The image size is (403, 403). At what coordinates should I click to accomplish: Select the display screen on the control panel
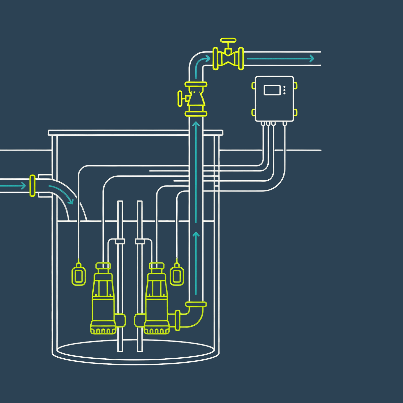[272, 90]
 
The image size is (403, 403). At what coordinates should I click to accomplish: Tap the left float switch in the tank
[79, 274]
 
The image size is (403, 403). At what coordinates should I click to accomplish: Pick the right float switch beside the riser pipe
[177, 274]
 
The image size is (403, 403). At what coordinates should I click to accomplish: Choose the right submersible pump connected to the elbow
[156, 299]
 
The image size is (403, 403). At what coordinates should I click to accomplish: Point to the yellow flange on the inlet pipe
[32, 185]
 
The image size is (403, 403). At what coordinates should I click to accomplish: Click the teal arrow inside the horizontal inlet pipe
[13, 185]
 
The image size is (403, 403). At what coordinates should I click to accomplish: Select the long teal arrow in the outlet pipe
[280, 59]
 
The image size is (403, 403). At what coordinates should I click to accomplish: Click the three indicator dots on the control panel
[284, 90]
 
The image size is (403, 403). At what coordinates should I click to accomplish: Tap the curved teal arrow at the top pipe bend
[201, 61]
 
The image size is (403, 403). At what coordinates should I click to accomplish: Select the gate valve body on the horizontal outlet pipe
[228, 59]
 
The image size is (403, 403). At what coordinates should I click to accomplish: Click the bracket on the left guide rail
[120, 241]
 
